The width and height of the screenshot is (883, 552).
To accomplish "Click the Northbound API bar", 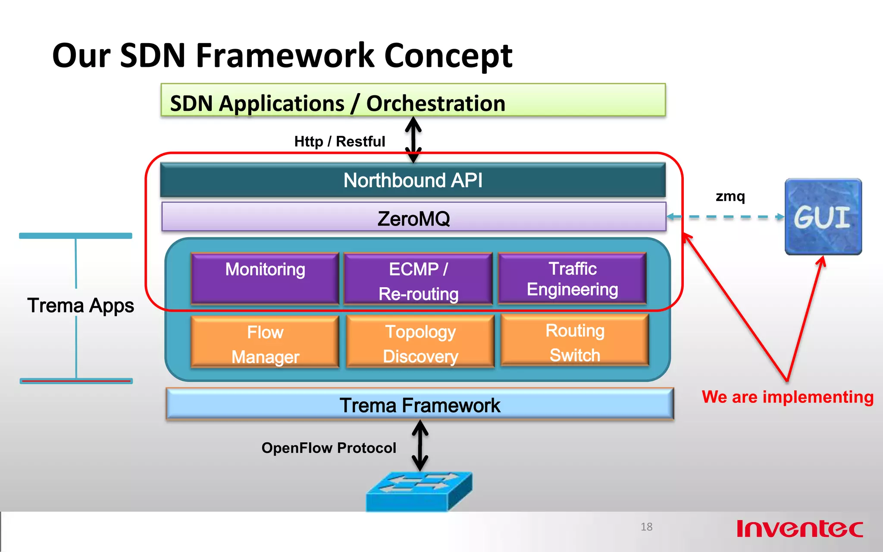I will [x=413, y=180].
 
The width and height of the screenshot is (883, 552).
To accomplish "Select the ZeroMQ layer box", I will [x=413, y=218].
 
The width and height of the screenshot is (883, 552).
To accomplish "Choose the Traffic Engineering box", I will [x=572, y=279].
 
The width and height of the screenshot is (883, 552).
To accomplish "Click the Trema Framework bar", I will [x=420, y=405].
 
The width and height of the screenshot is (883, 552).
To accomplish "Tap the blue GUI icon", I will [x=823, y=217].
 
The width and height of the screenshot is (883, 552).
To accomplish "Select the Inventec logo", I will [x=800, y=528].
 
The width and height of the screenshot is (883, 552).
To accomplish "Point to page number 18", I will [x=646, y=527].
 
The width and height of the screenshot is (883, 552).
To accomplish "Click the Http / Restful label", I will [x=339, y=141].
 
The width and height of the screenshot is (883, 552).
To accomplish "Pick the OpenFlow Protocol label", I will [x=329, y=448].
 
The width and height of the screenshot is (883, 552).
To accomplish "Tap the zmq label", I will [x=730, y=197].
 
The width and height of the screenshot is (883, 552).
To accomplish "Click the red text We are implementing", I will [x=787, y=397].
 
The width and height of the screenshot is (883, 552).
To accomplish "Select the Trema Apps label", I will [x=81, y=306].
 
